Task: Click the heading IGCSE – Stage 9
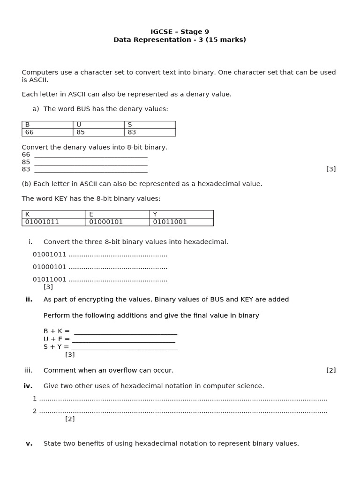click(180, 32)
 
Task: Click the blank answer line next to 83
click(91, 170)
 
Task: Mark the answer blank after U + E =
click(124, 339)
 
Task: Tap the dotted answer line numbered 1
click(183, 399)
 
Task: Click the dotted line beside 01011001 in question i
click(118, 280)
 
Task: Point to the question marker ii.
click(29, 300)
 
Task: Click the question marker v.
click(29, 443)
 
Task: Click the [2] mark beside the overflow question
click(331, 370)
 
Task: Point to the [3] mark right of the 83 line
click(331, 169)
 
